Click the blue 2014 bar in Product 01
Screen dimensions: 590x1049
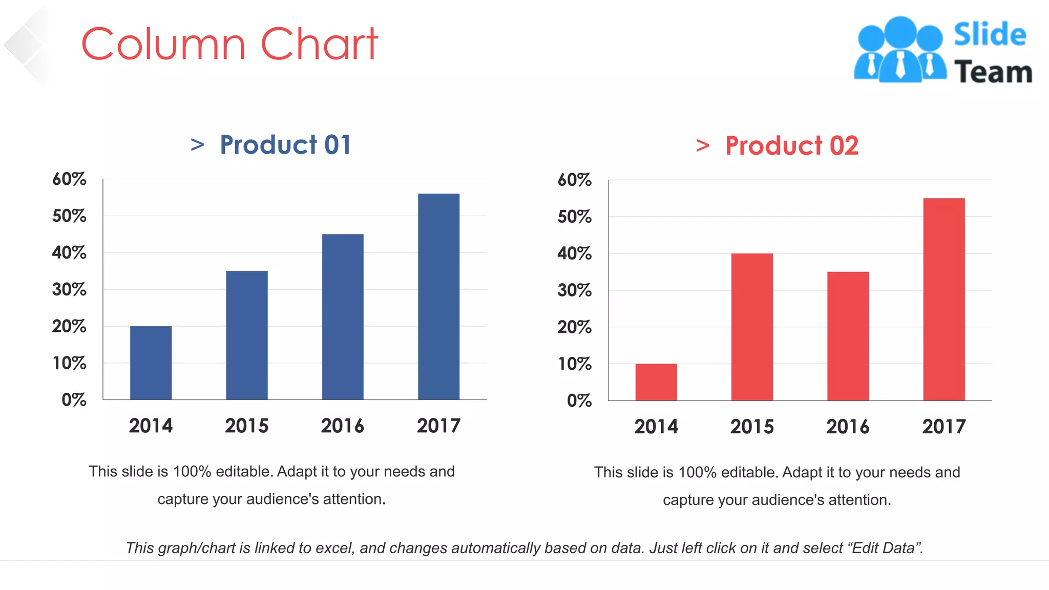(151, 363)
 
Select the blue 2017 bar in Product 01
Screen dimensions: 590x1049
(438, 297)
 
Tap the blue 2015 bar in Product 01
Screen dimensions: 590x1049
(246, 335)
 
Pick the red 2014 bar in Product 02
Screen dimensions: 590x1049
(656, 382)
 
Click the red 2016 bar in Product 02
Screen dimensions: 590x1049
(848, 336)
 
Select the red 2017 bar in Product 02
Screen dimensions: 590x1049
(943, 299)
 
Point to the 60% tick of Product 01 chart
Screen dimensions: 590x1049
(69, 179)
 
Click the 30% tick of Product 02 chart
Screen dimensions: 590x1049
(574, 290)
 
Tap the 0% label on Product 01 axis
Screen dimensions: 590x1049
(74, 399)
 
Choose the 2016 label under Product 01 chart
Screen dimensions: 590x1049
(342, 426)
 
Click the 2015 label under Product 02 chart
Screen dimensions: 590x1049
(751, 427)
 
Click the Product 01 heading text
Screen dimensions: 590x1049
(285, 145)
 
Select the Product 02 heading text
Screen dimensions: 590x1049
(791, 146)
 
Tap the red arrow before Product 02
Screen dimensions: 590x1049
(703, 146)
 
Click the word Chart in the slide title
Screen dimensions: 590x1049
(320, 44)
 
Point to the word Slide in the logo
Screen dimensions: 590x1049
(990, 34)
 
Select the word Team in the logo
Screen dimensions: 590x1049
(993, 72)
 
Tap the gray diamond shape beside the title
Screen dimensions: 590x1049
(25, 45)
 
